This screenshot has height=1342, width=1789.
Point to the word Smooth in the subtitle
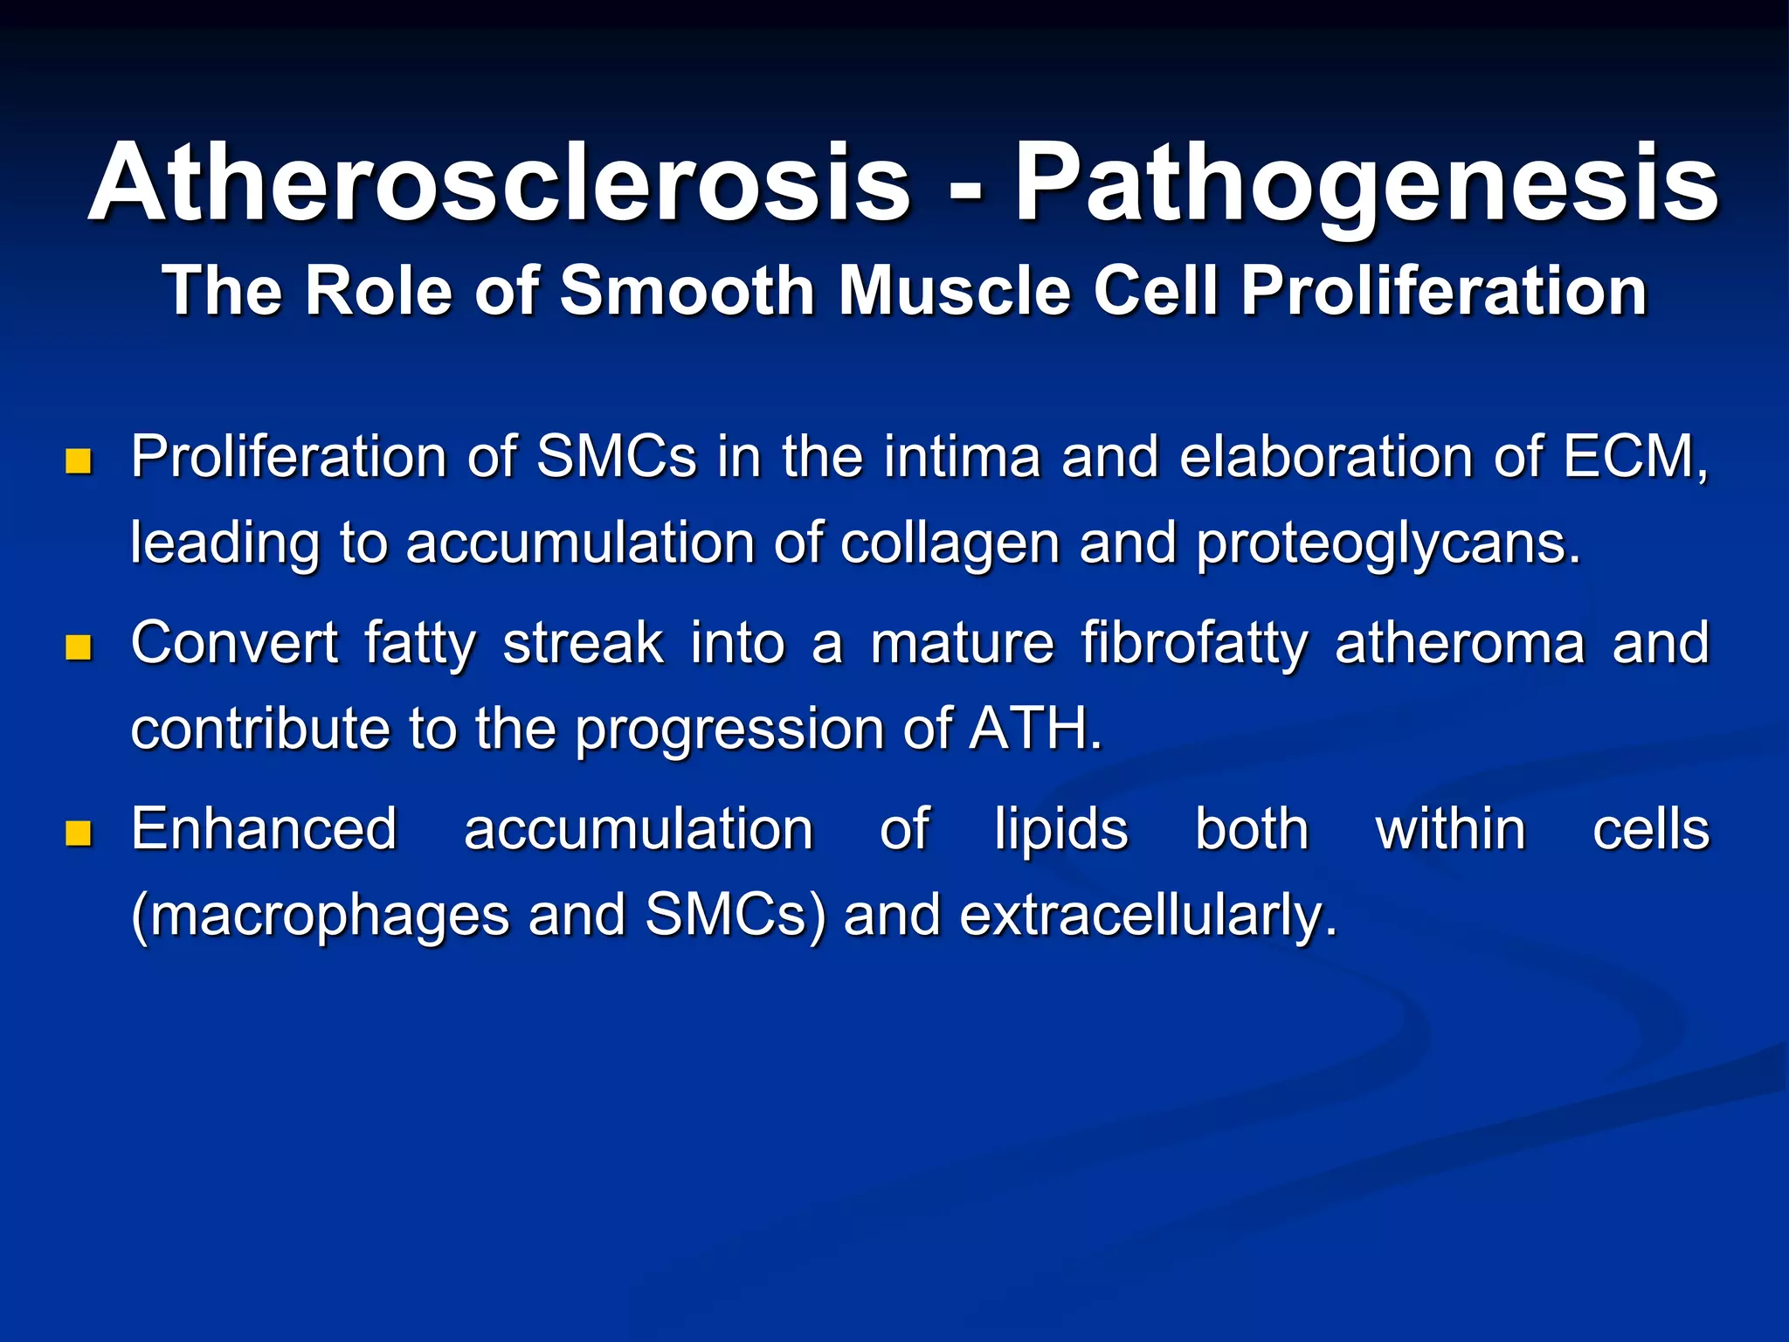click(x=687, y=290)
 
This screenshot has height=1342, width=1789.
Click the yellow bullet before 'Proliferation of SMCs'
click(x=79, y=460)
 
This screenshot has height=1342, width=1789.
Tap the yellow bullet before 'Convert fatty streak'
click(x=79, y=647)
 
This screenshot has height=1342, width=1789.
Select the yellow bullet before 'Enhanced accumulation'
click(x=79, y=834)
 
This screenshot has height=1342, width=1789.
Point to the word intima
click(x=962, y=457)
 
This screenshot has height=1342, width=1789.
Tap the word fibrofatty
click(x=1194, y=645)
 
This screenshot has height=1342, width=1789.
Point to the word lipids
click(x=1060, y=829)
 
